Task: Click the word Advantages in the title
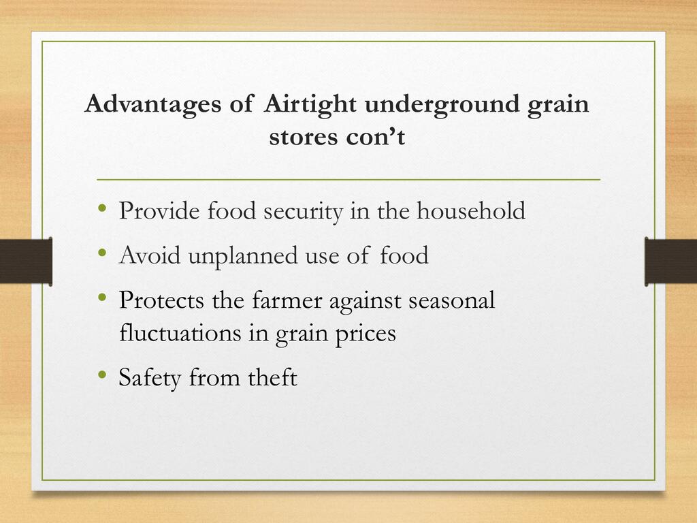coord(153,105)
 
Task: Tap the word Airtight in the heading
coord(310,105)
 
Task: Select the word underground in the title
coord(442,105)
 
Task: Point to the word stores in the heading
coord(304,136)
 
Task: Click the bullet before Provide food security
coord(103,208)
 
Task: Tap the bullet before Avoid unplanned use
coord(103,253)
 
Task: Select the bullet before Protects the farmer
coord(103,297)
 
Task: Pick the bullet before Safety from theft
coord(103,375)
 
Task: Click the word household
coord(471,211)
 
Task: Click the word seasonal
coord(452,300)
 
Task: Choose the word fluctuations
coord(180,333)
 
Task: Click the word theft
coord(272,377)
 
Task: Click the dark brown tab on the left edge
coord(26,261)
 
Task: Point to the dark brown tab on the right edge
coord(670,261)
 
